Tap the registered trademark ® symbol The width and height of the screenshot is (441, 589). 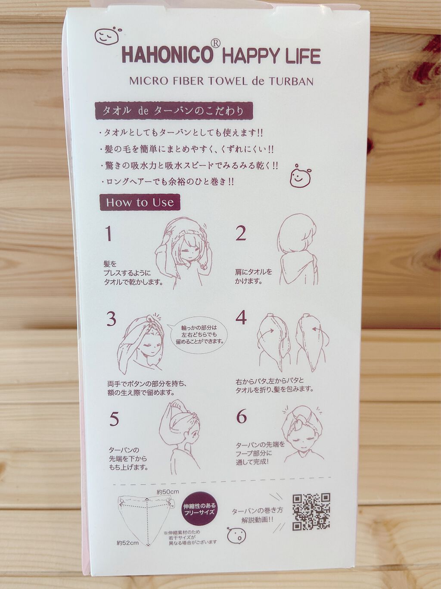216,43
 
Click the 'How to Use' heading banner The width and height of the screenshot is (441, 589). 140,203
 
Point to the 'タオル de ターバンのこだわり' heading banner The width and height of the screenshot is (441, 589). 174,111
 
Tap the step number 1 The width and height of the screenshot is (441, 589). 109,234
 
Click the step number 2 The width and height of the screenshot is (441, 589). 241,234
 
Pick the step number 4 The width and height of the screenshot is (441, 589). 241,318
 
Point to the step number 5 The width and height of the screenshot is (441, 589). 114,419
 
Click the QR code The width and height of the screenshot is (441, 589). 311,511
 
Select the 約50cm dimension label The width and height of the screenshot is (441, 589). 168,492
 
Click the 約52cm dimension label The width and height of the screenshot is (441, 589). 128,543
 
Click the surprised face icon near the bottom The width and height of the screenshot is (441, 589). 236,535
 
